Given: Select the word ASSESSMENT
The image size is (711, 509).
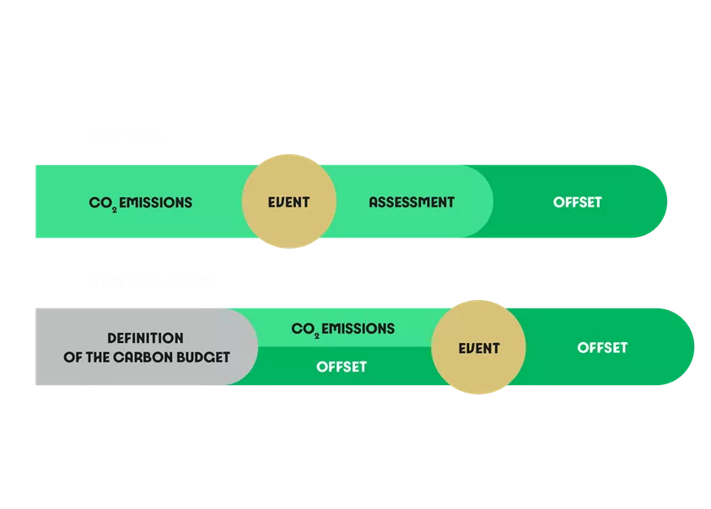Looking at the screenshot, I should tap(412, 202).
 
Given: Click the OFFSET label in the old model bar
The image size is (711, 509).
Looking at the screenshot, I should tap(578, 202).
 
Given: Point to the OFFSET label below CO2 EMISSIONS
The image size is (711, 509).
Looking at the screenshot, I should tap(342, 367).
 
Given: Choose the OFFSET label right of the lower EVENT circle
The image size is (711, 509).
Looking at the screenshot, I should tap(602, 347).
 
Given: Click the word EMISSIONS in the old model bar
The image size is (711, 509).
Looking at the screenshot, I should tap(155, 202).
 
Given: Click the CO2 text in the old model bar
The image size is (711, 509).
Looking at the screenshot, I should tap(102, 203).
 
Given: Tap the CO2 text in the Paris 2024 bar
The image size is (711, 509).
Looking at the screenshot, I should tap(304, 329).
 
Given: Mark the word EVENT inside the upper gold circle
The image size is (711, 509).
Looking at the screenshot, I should tap(289, 202).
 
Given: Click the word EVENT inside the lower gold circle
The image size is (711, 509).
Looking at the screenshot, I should tap(479, 348).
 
